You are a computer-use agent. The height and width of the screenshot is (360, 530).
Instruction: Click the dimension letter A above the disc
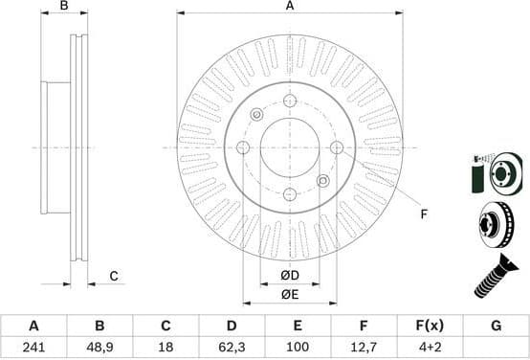point(289,7)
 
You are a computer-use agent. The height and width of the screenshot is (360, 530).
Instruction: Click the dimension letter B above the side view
point(65,7)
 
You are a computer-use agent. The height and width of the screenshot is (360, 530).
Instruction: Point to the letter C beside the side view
point(113,277)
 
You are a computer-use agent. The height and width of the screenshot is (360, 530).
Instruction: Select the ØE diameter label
point(289,294)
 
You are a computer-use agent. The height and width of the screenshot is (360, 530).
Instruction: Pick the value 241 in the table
point(33,346)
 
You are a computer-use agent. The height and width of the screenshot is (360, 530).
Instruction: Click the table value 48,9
point(99,346)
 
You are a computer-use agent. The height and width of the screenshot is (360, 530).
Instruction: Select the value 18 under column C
point(166,346)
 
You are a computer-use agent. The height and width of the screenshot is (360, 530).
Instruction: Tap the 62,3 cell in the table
point(232,346)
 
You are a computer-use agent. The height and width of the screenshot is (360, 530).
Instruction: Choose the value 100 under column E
point(298,346)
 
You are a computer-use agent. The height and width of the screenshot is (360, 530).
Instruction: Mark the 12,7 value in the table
point(364,346)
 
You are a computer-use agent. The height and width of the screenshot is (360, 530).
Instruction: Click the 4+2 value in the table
point(430,346)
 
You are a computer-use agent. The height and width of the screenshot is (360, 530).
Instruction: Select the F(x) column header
point(430,326)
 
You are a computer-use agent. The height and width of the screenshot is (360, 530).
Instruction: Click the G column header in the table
point(496,326)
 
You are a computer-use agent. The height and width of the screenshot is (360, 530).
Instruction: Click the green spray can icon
point(478,173)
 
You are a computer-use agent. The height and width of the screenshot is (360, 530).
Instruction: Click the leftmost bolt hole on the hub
point(243,147)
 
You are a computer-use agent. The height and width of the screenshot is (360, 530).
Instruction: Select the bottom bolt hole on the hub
point(289,194)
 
